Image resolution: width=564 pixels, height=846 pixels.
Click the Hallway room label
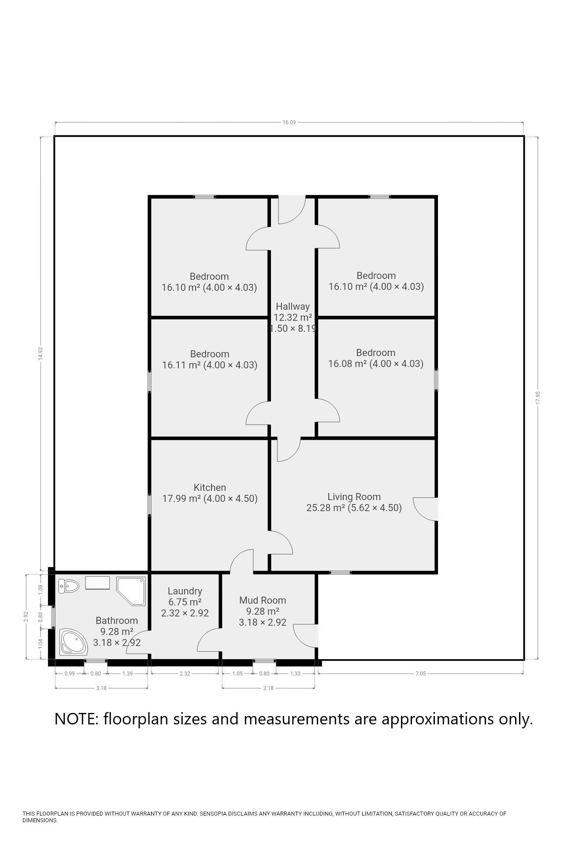(293, 307)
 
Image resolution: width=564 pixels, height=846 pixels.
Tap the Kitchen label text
(210, 487)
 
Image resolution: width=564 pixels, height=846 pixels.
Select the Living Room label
(354, 497)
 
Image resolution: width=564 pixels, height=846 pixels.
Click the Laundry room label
(185, 591)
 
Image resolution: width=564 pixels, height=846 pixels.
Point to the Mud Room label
(263, 600)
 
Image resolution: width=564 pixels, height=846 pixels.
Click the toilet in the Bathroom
(68, 586)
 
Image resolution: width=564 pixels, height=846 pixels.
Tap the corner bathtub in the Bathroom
(74, 642)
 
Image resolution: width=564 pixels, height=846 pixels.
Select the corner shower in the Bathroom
(131, 591)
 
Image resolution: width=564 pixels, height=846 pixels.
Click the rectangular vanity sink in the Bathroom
(97, 583)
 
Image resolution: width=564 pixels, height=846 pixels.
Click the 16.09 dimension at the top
(289, 122)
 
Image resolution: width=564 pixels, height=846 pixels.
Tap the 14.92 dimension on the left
(41, 354)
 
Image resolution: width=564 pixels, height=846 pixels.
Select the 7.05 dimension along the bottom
(421, 673)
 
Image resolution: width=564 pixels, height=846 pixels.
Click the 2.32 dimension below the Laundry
(185, 673)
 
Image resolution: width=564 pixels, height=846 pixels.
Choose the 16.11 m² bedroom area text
(182, 365)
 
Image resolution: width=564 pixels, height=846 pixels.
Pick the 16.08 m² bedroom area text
(348, 364)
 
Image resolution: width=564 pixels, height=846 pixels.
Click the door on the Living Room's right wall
(426, 509)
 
